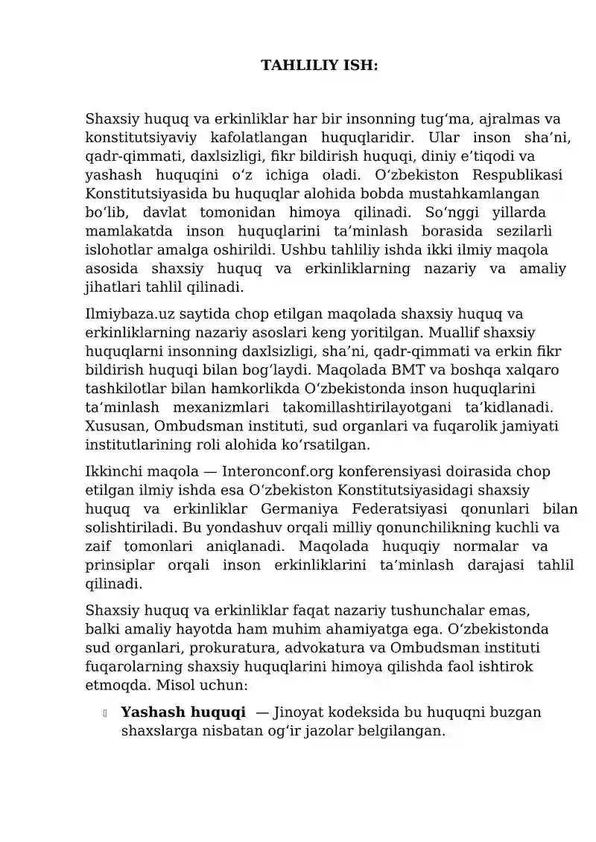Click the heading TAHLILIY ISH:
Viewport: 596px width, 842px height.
pyautogui.click(x=319, y=66)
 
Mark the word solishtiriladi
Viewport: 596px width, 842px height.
pyautogui.click(x=123, y=527)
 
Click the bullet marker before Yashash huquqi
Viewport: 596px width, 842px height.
pyautogui.click(x=105, y=713)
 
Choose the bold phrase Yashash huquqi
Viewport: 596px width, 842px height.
pyautogui.click(x=183, y=712)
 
